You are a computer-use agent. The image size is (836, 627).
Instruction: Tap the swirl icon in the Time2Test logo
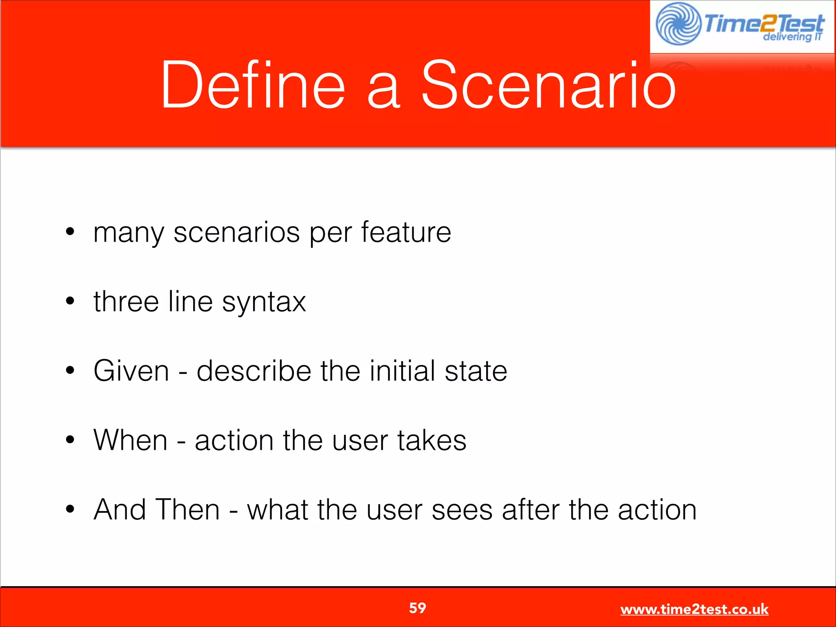[678, 24]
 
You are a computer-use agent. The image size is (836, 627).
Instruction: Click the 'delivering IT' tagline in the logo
[792, 37]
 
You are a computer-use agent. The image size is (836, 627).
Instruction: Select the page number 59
[418, 608]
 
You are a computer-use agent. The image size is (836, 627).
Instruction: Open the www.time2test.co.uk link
[694, 609]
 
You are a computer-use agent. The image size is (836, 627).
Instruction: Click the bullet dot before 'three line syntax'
[70, 301]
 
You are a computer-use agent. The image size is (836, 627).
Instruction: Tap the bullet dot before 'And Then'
[70, 509]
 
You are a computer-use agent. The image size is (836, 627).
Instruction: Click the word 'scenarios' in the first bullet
[237, 233]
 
